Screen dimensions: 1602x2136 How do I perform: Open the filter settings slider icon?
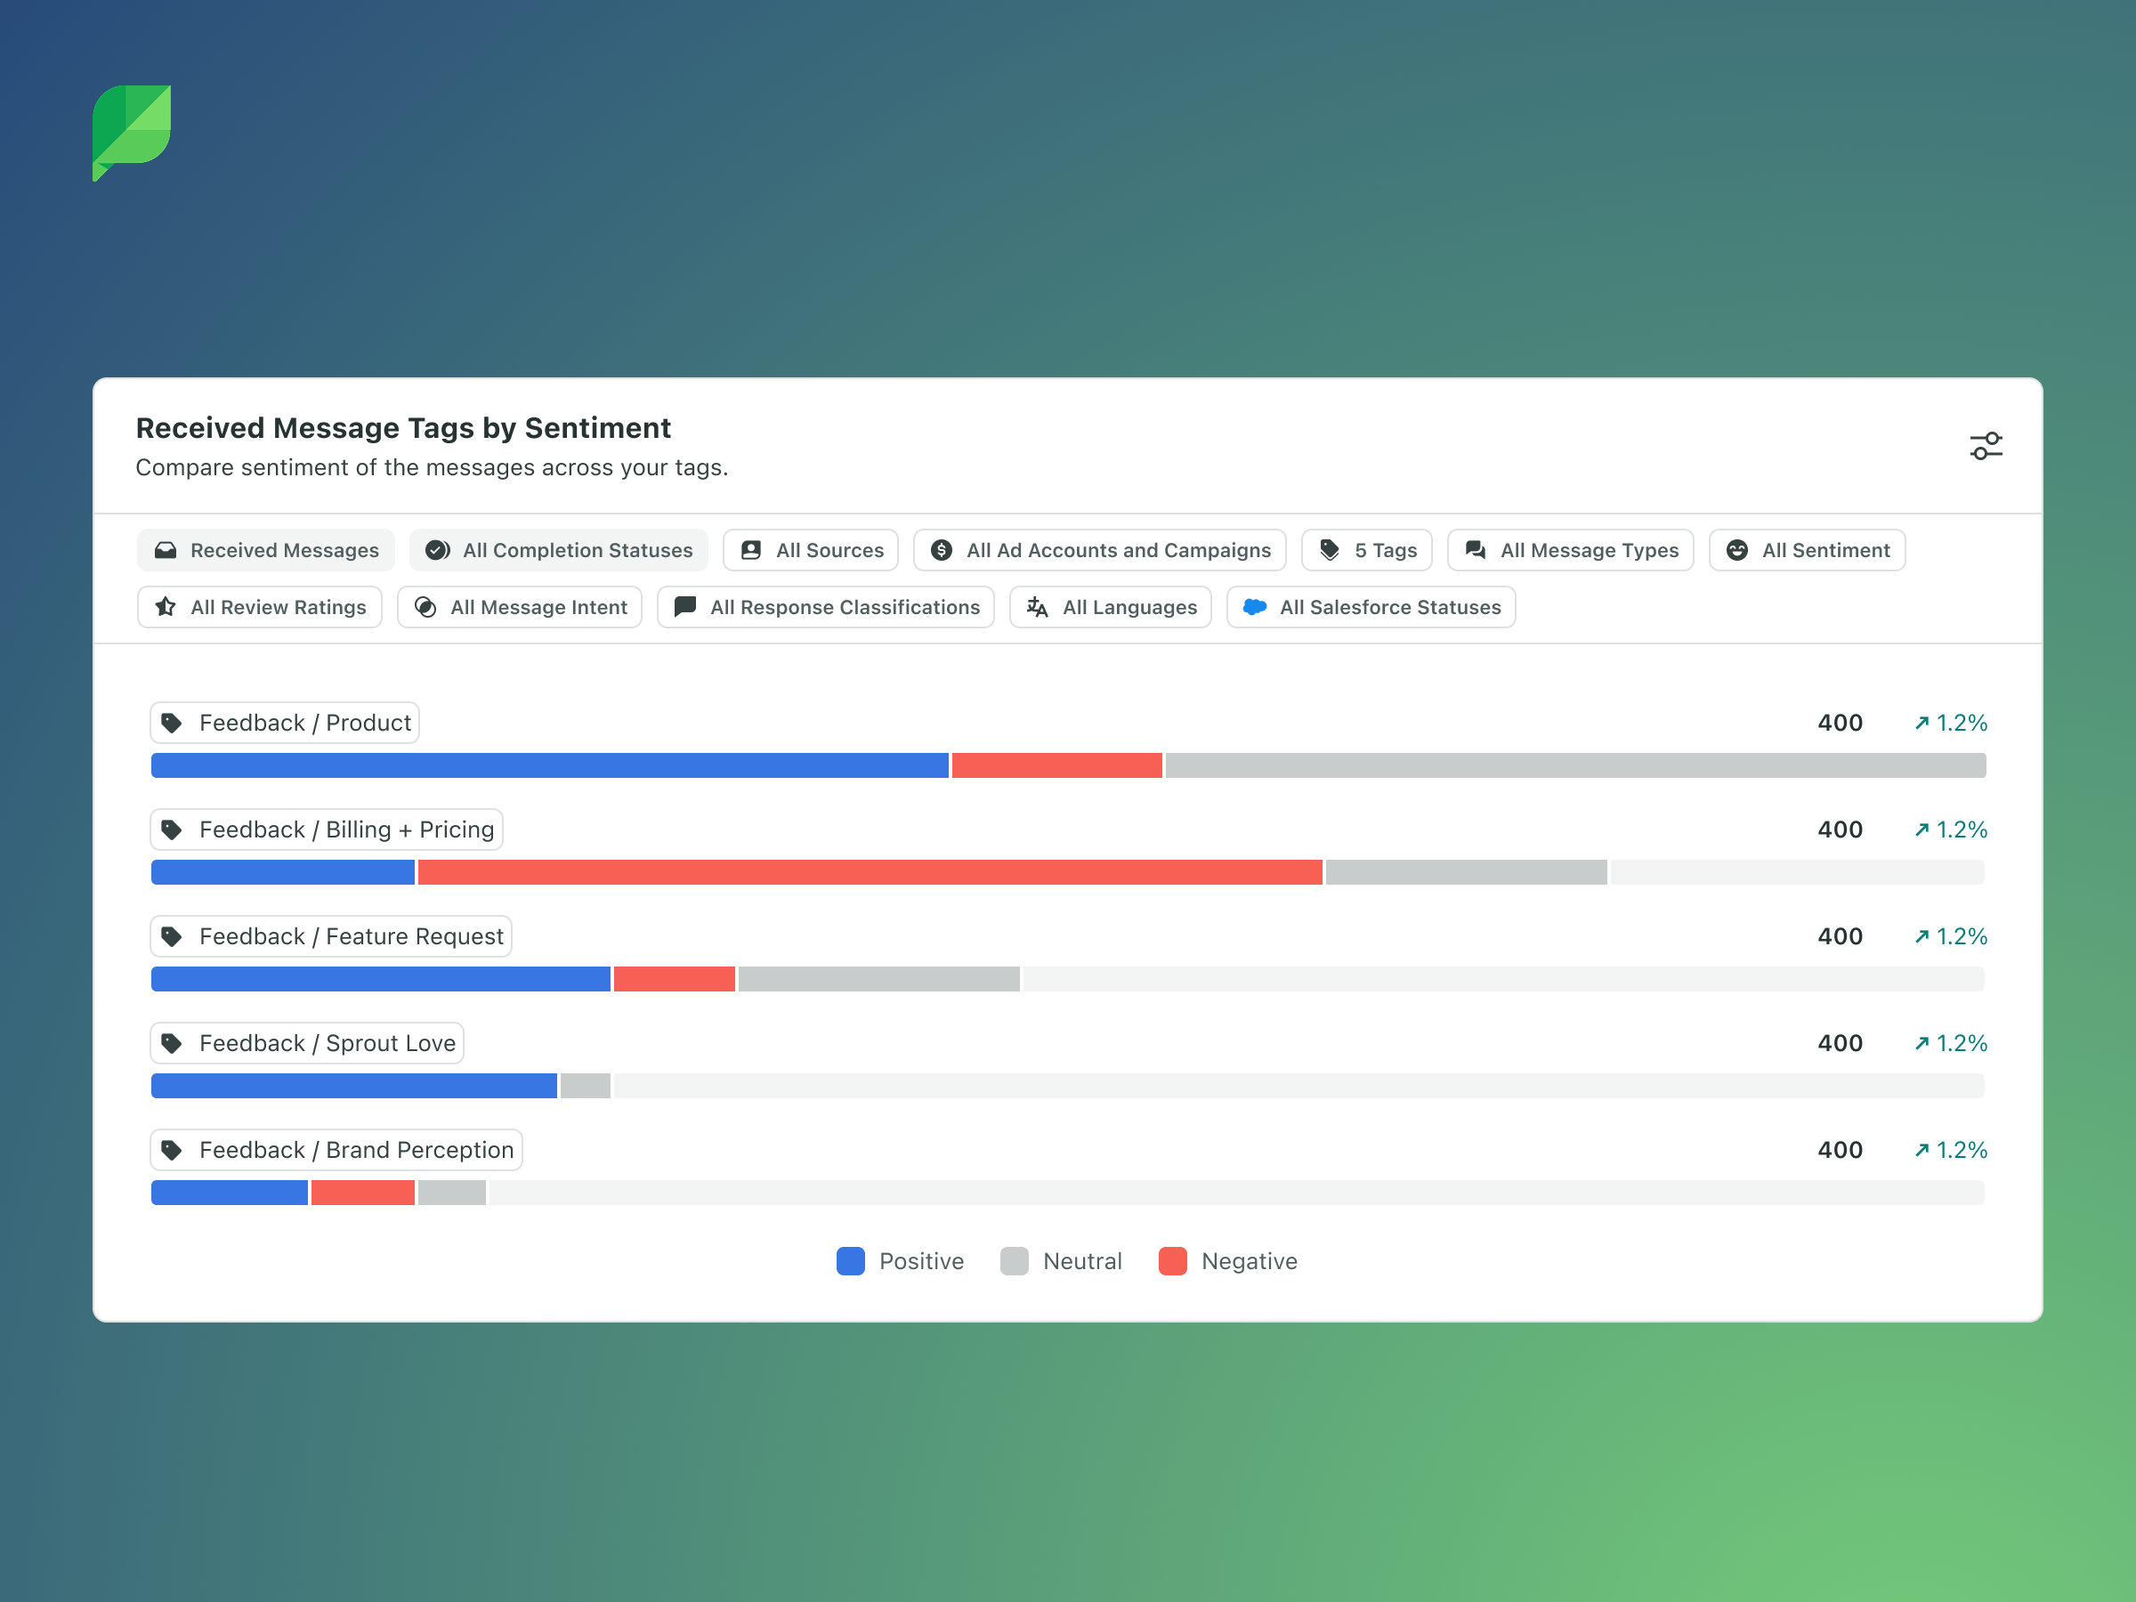click(1986, 446)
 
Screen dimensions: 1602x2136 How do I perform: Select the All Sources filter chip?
click(810, 550)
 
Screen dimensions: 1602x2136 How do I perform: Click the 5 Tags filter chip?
click(1366, 550)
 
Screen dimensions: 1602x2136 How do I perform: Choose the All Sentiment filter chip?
click(1807, 550)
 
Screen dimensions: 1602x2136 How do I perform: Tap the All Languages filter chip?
click(1111, 607)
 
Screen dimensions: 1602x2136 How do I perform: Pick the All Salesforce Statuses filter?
click(1371, 607)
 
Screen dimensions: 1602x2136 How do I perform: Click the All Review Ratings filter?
click(260, 607)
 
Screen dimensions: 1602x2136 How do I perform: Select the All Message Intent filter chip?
click(520, 607)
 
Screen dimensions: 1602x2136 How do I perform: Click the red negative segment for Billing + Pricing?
click(869, 873)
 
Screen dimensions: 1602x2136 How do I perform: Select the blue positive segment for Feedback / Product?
click(549, 765)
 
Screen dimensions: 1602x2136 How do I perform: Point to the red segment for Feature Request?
click(674, 979)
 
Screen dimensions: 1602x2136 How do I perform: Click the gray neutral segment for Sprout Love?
click(586, 1087)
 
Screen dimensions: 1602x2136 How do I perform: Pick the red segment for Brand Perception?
click(363, 1193)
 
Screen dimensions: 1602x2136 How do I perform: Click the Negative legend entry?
click(1228, 1262)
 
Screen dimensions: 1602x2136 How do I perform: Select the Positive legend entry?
click(900, 1262)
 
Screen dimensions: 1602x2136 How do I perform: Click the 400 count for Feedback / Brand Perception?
click(1840, 1150)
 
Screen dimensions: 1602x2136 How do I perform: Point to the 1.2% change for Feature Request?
click(1951, 936)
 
